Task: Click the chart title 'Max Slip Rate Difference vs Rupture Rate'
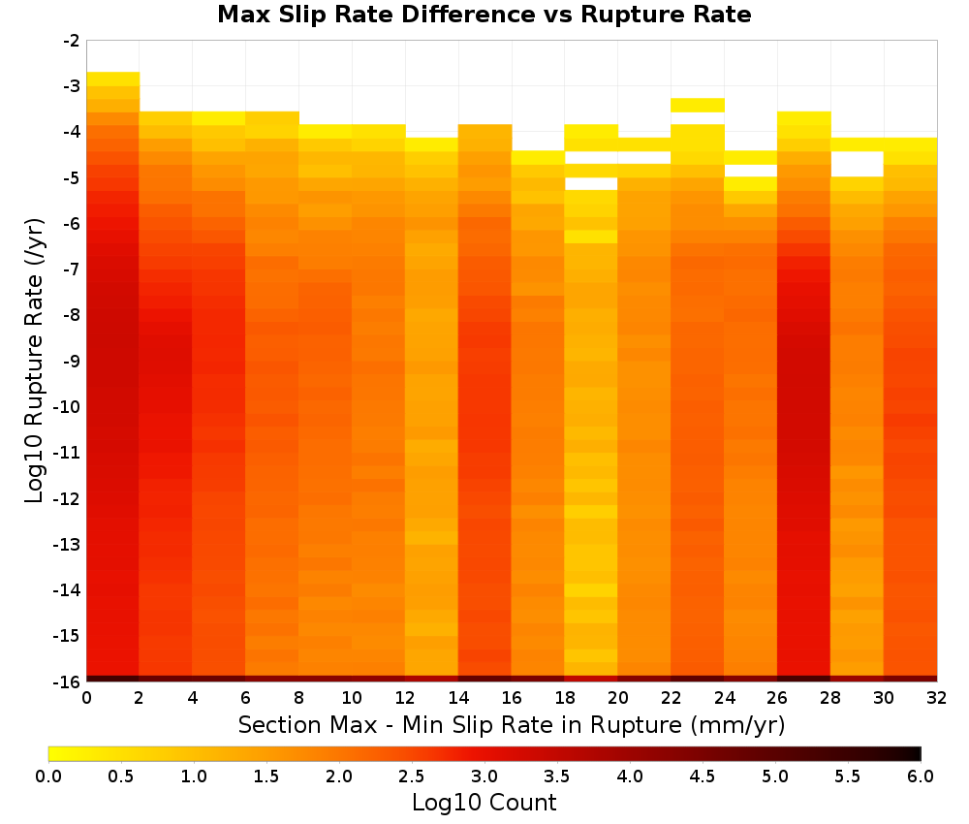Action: (x=484, y=15)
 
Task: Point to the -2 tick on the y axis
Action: (x=72, y=41)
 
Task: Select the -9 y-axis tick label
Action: (x=72, y=361)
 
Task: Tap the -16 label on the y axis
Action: (x=68, y=681)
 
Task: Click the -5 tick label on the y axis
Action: (x=72, y=178)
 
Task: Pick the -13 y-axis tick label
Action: (x=68, y=544)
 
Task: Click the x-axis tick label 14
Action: (x=458, y=698)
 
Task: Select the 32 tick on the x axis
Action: (x=937, y=698)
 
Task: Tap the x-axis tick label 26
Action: (x=777, y=698)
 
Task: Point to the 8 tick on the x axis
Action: (x=299, y=698)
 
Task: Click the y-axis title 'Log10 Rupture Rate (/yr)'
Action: (x=35, y=361)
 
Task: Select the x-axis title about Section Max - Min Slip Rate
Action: (x=512, y=725)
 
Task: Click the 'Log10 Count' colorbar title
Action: (x=484, y=803)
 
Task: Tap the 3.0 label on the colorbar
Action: (x=484, y=776)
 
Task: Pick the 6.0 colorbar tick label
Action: (x=921, y=776)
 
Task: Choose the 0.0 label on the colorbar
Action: (x=48, y=776)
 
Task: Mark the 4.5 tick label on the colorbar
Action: (x=703, y=776)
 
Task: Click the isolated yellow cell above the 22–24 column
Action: (x=698, y=105)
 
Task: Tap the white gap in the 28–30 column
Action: (x=858, y=164)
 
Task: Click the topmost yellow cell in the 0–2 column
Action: (x=113, y=79)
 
